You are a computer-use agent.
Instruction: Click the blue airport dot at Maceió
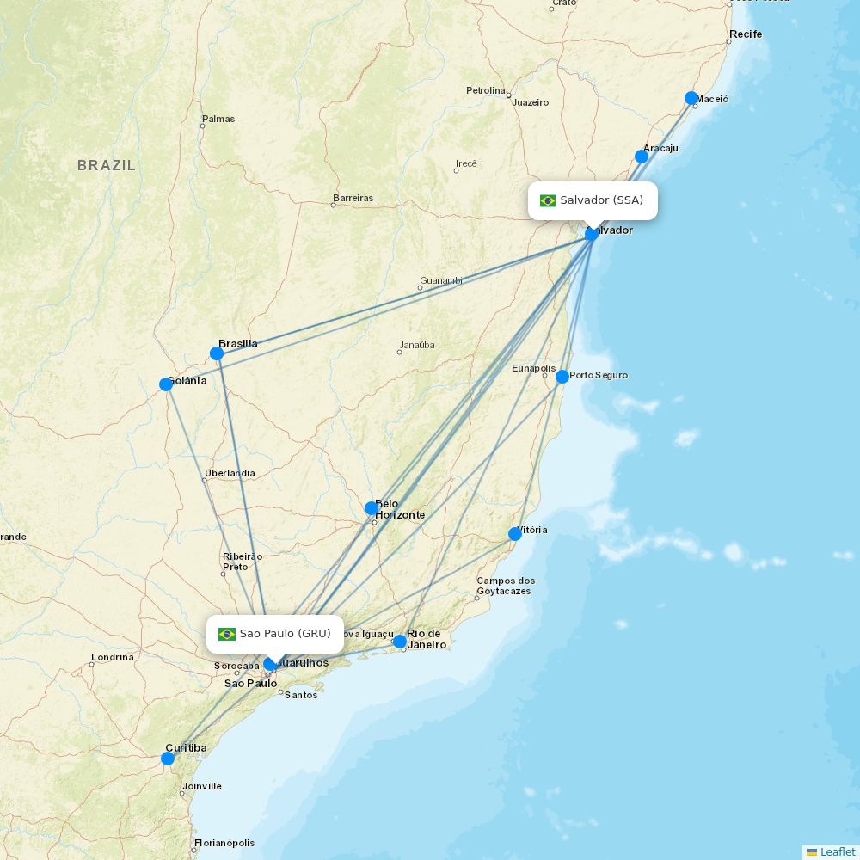pos(691,98)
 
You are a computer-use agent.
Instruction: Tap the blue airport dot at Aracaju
pos(642,157)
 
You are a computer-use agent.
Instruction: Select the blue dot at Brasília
pos(217,353)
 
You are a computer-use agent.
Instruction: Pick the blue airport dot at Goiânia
pos(166,384)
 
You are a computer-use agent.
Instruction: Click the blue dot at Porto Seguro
pos(562,377)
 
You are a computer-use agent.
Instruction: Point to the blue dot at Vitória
pos(515,534)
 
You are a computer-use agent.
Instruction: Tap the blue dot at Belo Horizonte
pos(372,508)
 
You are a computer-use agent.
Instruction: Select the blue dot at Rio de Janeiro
pos(400,642)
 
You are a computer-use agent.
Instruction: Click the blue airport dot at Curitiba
pos(168,759)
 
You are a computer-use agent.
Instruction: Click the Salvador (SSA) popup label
pos(593,200)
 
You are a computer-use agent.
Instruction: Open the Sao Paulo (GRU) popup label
pos(275,634)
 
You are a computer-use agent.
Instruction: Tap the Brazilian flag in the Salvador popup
pos(548,201)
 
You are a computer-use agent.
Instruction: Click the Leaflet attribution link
pos(837,851)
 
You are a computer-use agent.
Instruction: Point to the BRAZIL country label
pos(107,165)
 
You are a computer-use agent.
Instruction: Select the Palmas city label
pos(218,119)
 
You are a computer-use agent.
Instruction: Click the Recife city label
pos(745,34)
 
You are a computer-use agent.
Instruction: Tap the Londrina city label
pos(113,657)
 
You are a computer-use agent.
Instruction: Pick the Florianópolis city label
pos(224,843)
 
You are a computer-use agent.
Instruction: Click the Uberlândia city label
pos(230,473)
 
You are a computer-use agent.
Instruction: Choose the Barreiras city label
pos(353,198)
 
